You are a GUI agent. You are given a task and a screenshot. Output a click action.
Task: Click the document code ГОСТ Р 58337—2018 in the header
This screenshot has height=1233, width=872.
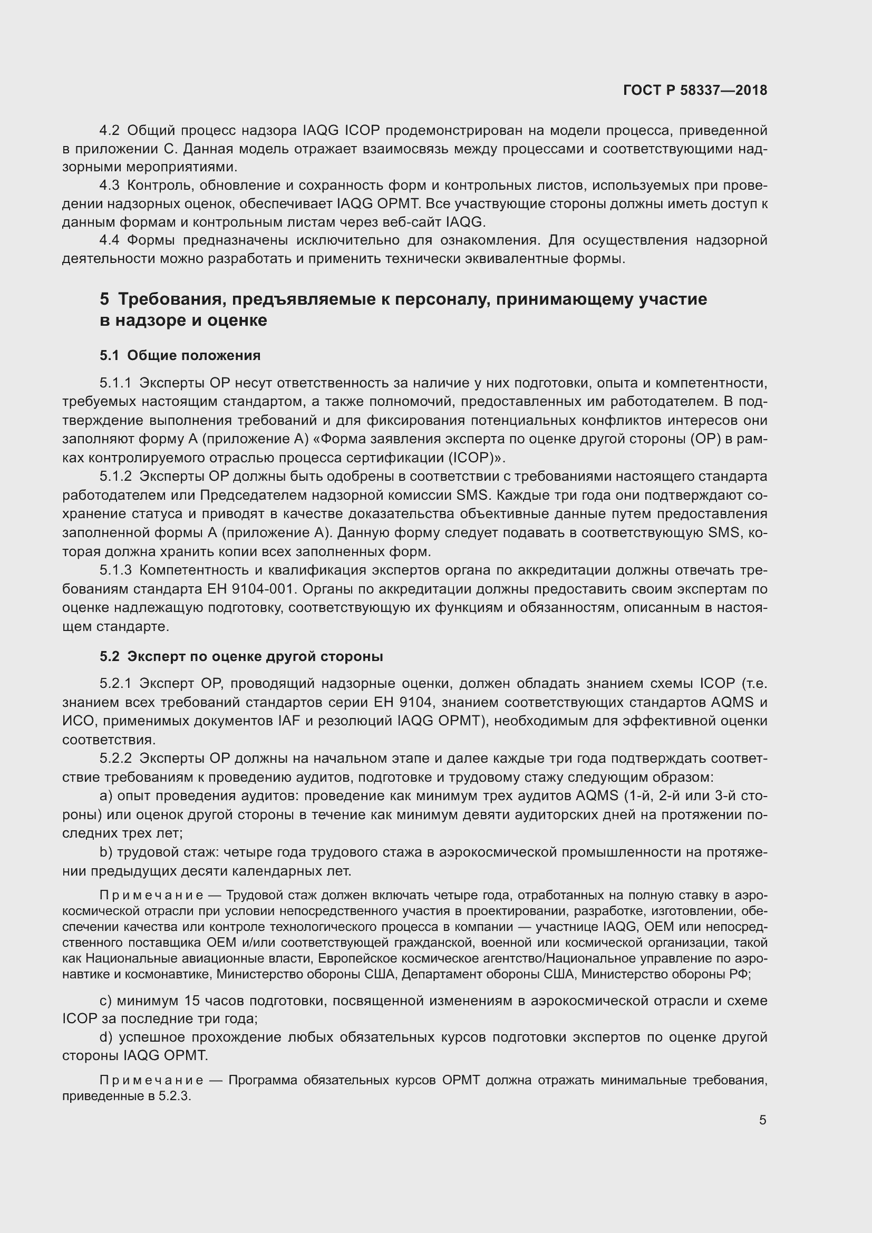(695, 90)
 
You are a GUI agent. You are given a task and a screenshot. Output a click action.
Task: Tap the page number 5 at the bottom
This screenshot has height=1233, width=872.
(762, 1120)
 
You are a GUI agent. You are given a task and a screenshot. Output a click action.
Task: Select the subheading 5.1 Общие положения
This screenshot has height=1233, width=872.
(180, 355)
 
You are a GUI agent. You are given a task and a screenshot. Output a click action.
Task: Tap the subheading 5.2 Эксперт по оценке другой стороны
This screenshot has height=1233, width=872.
(241, 656)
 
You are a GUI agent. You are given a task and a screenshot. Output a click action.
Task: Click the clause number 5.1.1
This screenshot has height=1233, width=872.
(115, 383)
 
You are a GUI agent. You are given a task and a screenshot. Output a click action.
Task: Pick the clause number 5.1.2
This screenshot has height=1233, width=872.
(115, 477)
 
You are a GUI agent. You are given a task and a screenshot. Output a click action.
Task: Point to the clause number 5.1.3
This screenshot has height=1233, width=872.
(115, 570)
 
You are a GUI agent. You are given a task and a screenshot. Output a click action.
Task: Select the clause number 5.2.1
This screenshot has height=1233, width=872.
(115, 683)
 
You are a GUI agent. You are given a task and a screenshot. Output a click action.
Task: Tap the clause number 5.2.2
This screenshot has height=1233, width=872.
(115, 758)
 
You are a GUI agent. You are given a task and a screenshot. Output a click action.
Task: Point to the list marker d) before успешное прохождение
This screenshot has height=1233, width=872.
(106, 1037)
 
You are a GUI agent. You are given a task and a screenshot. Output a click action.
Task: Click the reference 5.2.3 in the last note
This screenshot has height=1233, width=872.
(174, 1096)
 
